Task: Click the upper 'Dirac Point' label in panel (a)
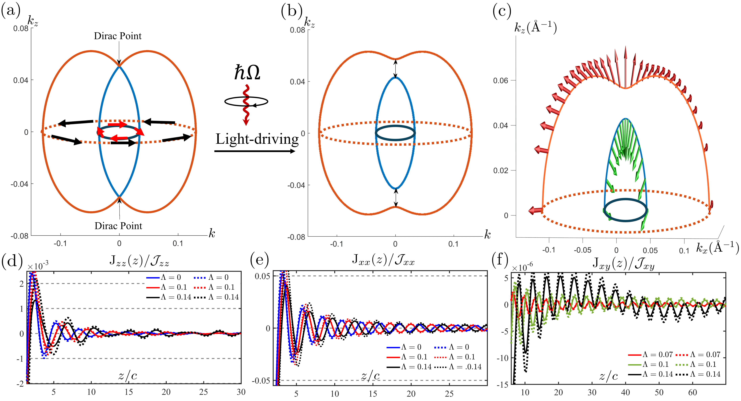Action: coord(118,36)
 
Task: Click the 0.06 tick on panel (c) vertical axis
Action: coord(501,81)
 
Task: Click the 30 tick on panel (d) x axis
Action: coord(241,392)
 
